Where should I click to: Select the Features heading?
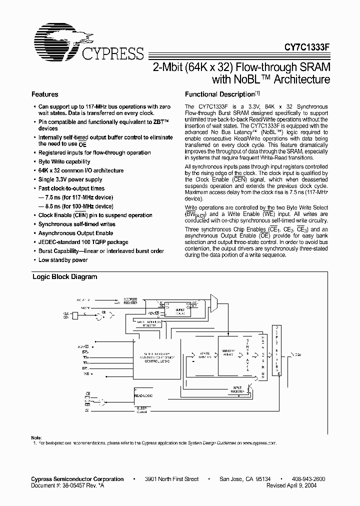click(45, 94)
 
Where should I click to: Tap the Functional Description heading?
click(220, 94)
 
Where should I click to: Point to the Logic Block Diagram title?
click(64, 276)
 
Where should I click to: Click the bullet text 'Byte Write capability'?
click(64, 161)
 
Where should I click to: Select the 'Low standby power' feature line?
click(63, 260)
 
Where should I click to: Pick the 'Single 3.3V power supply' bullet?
click(70, 179)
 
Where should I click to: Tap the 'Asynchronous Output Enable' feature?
click(76, 233)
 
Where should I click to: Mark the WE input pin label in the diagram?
click(85, 373)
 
